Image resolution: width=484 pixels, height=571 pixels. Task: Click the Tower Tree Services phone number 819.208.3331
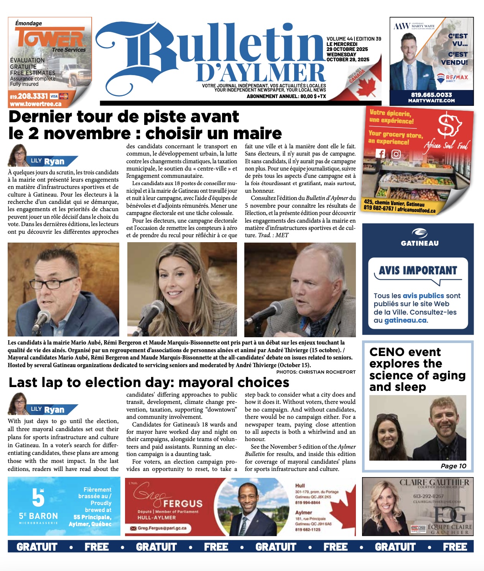(x=29, y=96)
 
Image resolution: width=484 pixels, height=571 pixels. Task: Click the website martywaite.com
(x=431, y=101)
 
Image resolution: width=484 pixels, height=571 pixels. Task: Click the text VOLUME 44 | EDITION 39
(x=354, y=39)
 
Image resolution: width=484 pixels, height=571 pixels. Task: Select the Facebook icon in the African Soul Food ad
(x=380, y=153)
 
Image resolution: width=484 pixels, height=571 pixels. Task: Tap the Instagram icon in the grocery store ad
(x=396, y=154)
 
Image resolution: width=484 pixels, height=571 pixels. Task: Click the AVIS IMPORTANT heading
(x=418, y=271)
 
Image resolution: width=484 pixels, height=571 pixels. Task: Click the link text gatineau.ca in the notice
(x=405, y=320)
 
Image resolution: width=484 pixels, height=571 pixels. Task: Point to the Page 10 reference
(x=453, y=466)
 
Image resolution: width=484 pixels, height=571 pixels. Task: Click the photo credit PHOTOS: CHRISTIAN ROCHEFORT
(x=316, y=372)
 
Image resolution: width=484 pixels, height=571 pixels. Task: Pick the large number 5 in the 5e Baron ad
(x=38, y=497)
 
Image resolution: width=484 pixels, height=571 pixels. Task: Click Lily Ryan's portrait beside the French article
(x=18, y=155)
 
